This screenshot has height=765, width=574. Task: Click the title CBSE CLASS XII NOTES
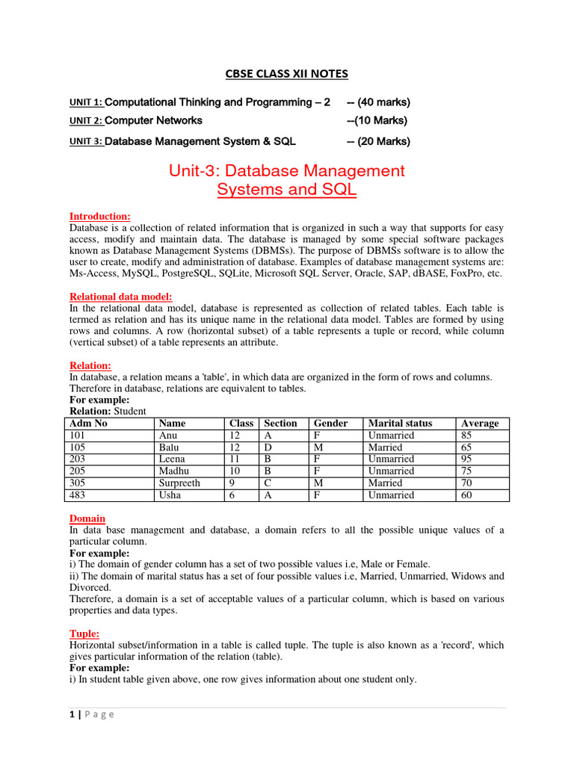coord(287,73)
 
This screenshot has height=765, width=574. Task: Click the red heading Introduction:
coord(99,216)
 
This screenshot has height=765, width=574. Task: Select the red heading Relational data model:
coord(120,297)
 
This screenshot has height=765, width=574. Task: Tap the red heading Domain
coord(87,518)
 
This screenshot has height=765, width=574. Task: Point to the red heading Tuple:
coord(84,633)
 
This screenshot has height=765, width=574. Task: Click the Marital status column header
coord(400,423)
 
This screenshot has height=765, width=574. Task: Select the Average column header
coord(480,423)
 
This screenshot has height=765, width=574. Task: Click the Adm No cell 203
coord(78,459)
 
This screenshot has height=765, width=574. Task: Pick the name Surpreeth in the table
coord(180,483)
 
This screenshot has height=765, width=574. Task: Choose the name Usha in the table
coord(170,495)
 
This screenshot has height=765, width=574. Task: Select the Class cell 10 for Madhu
coord(235,471)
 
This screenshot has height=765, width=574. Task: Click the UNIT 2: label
coord(86,121)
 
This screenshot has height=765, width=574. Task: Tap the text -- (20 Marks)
coord(378,141)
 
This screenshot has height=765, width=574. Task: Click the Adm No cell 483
coord(78,495)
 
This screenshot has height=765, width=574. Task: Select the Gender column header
coord(330,423)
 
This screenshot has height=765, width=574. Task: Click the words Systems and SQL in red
coord(287,190)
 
